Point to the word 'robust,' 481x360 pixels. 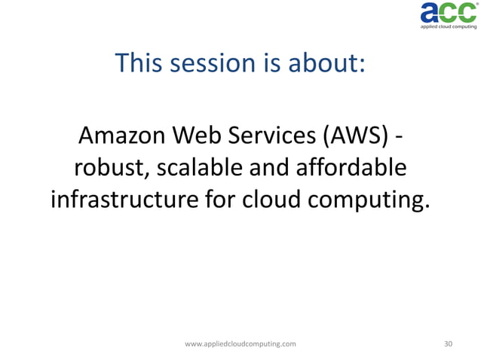[111, 168]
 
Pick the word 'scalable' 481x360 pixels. [196, 168]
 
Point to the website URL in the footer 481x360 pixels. [240, 343]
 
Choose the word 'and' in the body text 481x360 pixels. [268, 168]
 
